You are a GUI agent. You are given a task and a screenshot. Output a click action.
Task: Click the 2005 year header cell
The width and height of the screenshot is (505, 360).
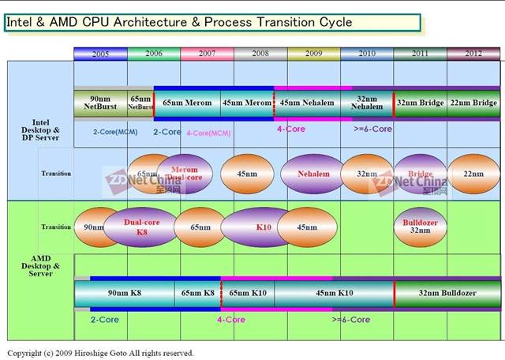[x=100, y=54]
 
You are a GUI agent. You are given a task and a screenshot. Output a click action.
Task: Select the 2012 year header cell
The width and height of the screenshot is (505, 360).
[x=473, y=54]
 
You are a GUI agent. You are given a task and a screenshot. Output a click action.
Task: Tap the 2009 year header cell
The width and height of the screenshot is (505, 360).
[x=313, y=54]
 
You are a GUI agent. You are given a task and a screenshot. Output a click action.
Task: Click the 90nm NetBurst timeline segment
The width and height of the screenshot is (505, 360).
[x=100, y=103]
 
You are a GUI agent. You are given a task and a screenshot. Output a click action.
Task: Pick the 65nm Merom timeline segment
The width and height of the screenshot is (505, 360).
[x=187, y=103]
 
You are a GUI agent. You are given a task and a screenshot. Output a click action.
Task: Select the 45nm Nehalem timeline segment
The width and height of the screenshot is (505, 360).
[x=307, y=103]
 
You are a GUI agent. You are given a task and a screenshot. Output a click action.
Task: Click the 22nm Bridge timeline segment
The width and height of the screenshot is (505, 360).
[x=473, y=103]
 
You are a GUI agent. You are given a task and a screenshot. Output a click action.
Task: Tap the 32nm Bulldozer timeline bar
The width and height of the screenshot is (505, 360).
[x=447, y=293]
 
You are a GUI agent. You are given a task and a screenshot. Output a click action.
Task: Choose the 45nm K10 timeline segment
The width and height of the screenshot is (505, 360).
[x=334, y=293]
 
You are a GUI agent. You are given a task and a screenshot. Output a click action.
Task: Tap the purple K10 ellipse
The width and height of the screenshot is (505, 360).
[x=263, y=227]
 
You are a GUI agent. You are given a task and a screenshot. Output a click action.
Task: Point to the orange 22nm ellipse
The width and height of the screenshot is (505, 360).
[x=473, y=174]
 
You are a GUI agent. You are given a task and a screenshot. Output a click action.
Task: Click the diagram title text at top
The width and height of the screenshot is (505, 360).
[x=180, y=22]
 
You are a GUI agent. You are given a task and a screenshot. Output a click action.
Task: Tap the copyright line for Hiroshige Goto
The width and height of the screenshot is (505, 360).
[x=100, y=353]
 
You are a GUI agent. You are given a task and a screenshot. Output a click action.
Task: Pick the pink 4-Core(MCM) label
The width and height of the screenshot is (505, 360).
[x=208, y=133]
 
